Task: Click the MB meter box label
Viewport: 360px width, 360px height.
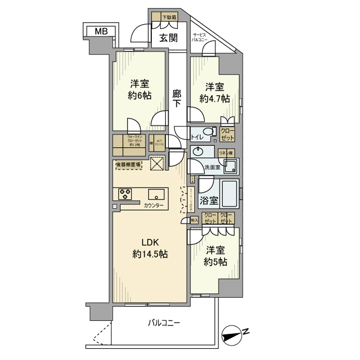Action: tap(101, 31)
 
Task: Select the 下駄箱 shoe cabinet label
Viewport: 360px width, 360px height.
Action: tap(169, 17)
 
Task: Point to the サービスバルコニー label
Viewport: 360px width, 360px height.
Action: tap(200, 37)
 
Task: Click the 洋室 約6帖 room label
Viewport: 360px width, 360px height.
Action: tap(140, 89)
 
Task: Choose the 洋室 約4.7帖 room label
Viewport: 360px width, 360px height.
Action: tap(215, 93)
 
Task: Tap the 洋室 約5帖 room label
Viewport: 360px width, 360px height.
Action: tap(215, 256)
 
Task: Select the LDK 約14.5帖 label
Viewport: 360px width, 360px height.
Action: tap(147, 248)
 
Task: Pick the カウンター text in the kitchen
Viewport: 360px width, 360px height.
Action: tap(154, 206)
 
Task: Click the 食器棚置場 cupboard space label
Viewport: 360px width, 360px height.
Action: tap(129, 165)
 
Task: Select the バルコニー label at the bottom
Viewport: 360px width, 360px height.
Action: tap(164, 323)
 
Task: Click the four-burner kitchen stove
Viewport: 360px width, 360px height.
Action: tap(125, 194)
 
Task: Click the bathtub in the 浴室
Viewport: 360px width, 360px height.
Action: tap(229, 193)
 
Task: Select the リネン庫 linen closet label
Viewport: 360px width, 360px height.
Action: tap(227, 153)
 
